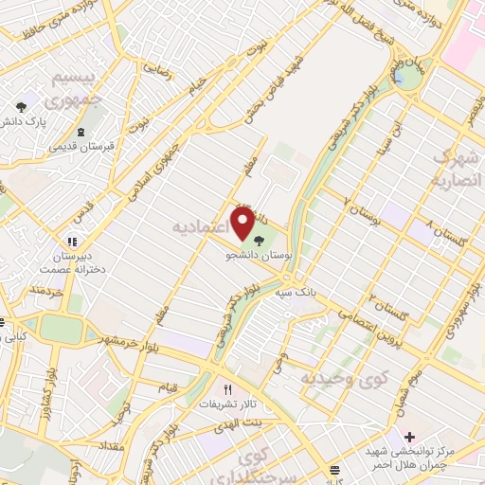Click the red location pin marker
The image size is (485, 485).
click(x=242, y=225)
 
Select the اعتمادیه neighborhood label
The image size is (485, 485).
click(x=201, y=228)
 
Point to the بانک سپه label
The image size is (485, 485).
click(x=295, y=293)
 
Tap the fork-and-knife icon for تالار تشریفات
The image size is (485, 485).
click(x=226, y=388)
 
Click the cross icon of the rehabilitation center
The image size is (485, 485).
click(x=408, y=438)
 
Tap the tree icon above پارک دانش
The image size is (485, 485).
click(x=22, y=106)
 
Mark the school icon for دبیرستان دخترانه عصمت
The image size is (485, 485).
click(x=74, y=242)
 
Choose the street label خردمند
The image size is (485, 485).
click(x=45, y=288)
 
